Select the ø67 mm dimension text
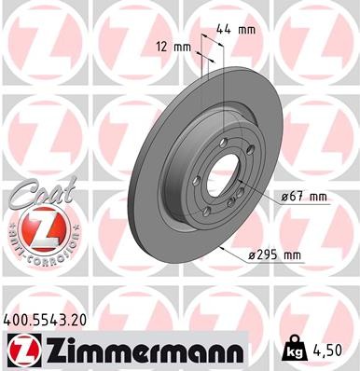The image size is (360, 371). click(303, 197)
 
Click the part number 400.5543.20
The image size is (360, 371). click(49, 318)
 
